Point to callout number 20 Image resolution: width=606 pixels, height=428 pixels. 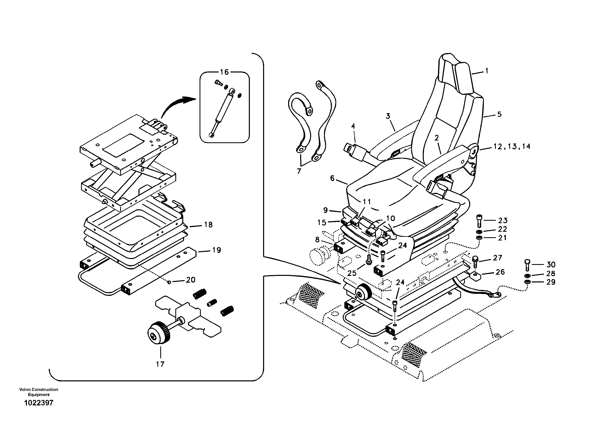point(190,280)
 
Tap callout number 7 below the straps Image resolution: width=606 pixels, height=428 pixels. point(299,171)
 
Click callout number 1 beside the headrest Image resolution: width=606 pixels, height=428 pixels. point(487,71)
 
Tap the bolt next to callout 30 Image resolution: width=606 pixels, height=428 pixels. point(527,265)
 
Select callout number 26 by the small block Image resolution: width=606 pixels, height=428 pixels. point(500,272)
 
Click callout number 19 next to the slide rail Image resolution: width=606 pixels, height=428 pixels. point(216,250)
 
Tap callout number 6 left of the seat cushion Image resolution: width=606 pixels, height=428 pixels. point(332,179)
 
